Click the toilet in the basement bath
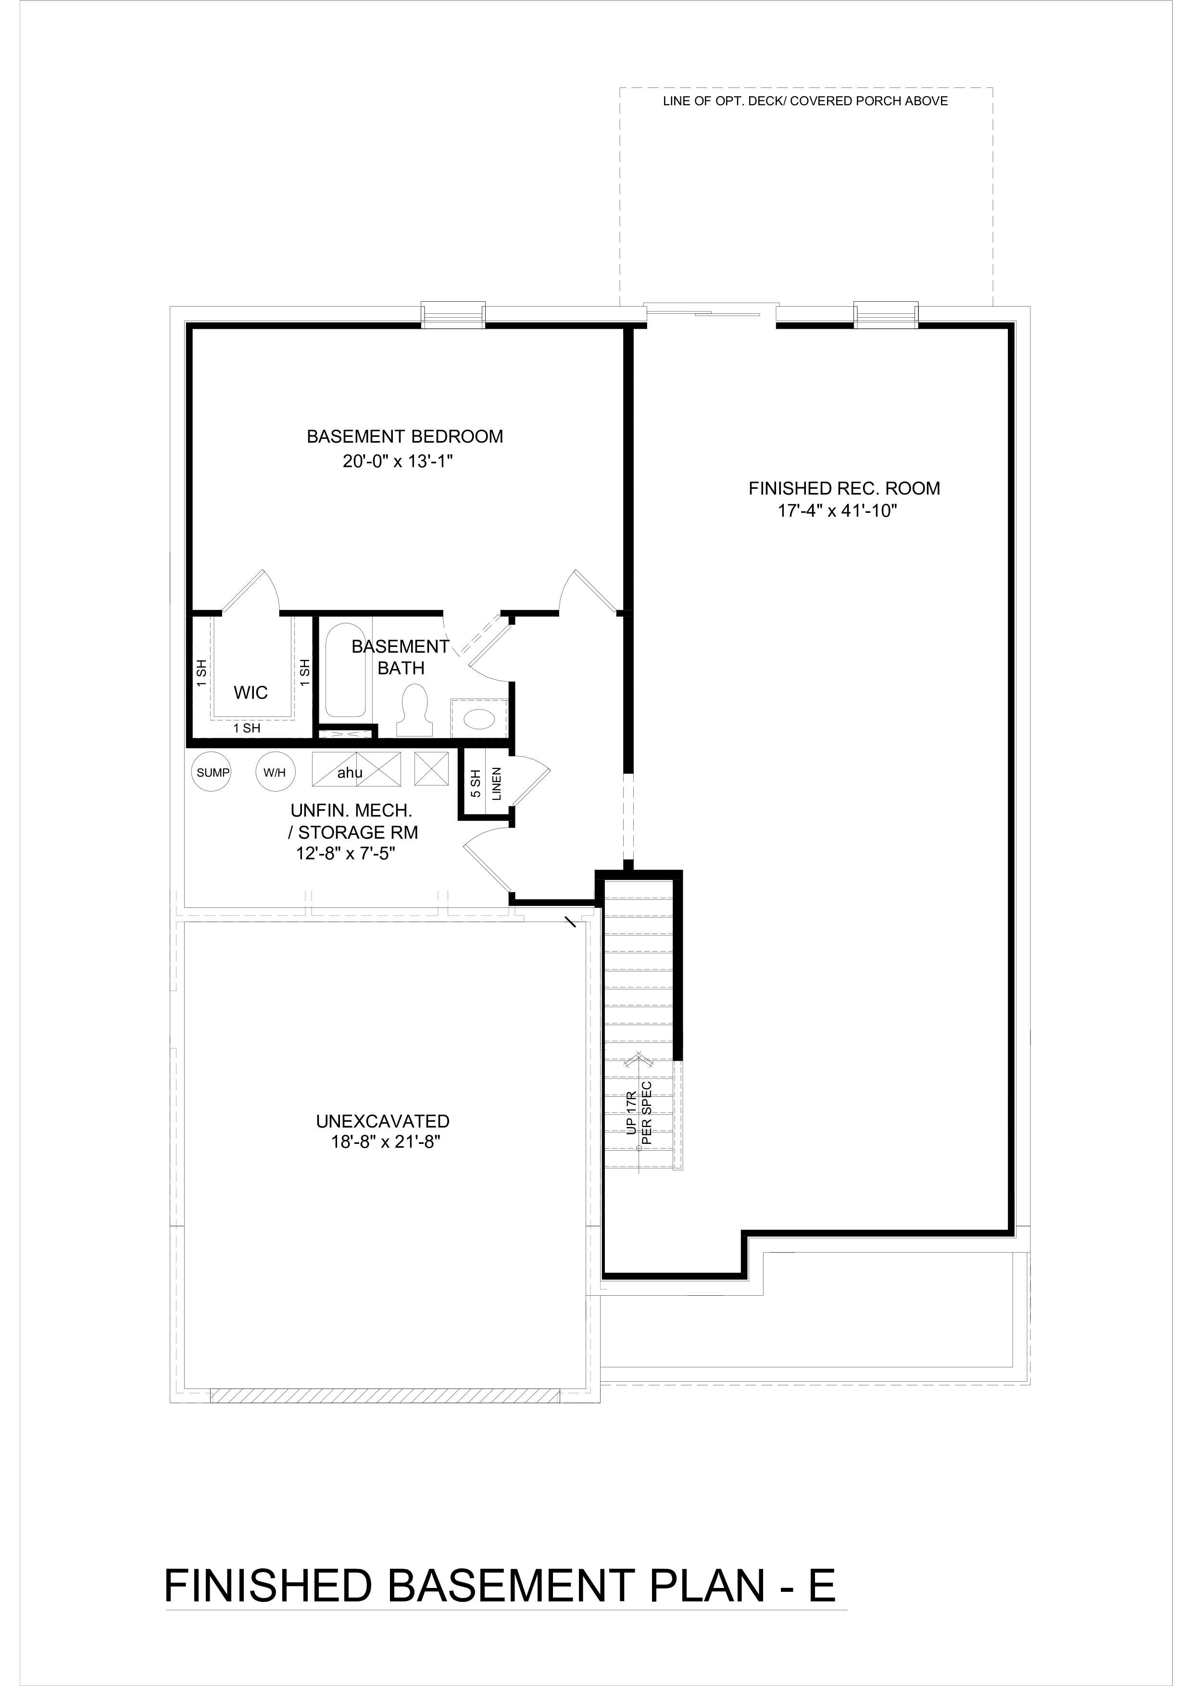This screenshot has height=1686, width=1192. pyautogui.click(x=415, y=709)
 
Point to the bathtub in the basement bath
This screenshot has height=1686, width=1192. pyautogui.click(x=345, y=670)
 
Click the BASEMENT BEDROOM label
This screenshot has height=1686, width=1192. pyautogui.click(x=405, y=436)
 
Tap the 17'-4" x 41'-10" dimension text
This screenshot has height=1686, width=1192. pyautogui.click(x=838, y=511)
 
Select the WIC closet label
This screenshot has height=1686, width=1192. pyautogui.click(x=251, y=693)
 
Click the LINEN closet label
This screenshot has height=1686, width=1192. pyautogui.click(x=497, y=783)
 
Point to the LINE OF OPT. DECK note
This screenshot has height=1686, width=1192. pyautogui.click(x=805, y=101)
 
